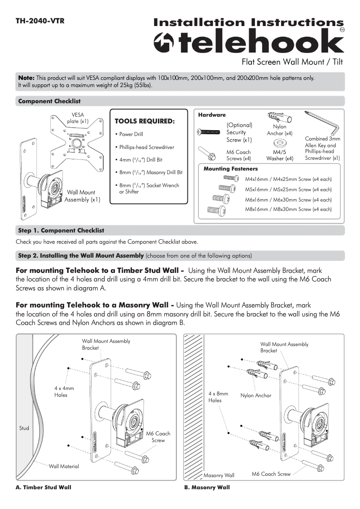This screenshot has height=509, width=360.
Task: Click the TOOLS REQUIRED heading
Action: (x=144, y=121)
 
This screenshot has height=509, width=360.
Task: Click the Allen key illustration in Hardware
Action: (x=322, y=123)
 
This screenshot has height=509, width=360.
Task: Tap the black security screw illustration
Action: (x=208, y=132)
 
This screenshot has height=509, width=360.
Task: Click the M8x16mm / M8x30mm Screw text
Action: (x=288, y=209)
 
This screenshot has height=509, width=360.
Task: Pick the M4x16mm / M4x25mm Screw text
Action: (x=288, y=179)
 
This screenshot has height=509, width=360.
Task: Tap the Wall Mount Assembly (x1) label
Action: (x=81, y=196)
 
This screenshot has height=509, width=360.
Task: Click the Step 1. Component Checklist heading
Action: (x=61, y=230)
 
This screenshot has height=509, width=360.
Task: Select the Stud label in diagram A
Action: (x=24, y=428)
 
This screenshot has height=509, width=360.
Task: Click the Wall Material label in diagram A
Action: (x=64, y=466)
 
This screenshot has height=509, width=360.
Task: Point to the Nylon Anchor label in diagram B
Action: (x=256, y=395)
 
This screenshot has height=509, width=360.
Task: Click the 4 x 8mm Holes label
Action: (x=218, y=397)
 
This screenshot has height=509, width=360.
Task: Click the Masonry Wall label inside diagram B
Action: (x=219, y=475)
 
